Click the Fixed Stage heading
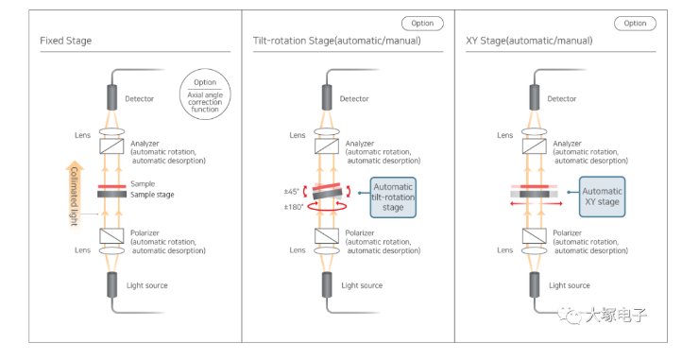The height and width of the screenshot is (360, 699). coord(65,41)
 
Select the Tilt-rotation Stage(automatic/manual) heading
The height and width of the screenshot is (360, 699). coord(336,41)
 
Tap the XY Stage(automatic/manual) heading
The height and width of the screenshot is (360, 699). coord(529,41)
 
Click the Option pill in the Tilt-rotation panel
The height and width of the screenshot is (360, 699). coord(422,24)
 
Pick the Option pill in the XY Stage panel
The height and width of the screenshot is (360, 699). coord(635,24)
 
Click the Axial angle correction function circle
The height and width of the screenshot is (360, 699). coord(205,94)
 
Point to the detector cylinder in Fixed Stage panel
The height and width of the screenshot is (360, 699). coord(111,97)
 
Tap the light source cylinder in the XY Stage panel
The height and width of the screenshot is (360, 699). coord(535,284)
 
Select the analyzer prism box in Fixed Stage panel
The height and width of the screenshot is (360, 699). coord(111,146)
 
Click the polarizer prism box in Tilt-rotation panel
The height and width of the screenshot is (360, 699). coord(327,235)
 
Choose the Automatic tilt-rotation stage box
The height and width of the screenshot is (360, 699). coord(393,197)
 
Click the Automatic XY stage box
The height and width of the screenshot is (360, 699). coord(602,197)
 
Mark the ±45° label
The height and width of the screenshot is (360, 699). coord(292,192)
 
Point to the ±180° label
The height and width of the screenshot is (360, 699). coord(294,207)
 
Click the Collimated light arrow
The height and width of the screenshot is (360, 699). coord(74,193)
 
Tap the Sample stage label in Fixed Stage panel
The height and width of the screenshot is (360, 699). coord(152,195)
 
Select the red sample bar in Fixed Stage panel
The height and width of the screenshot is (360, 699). coord(111,186)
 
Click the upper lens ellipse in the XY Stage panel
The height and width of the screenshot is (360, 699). coord(535,132)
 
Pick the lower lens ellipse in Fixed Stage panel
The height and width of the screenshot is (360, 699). coord(111,250)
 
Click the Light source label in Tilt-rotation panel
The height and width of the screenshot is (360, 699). coord(362,285)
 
